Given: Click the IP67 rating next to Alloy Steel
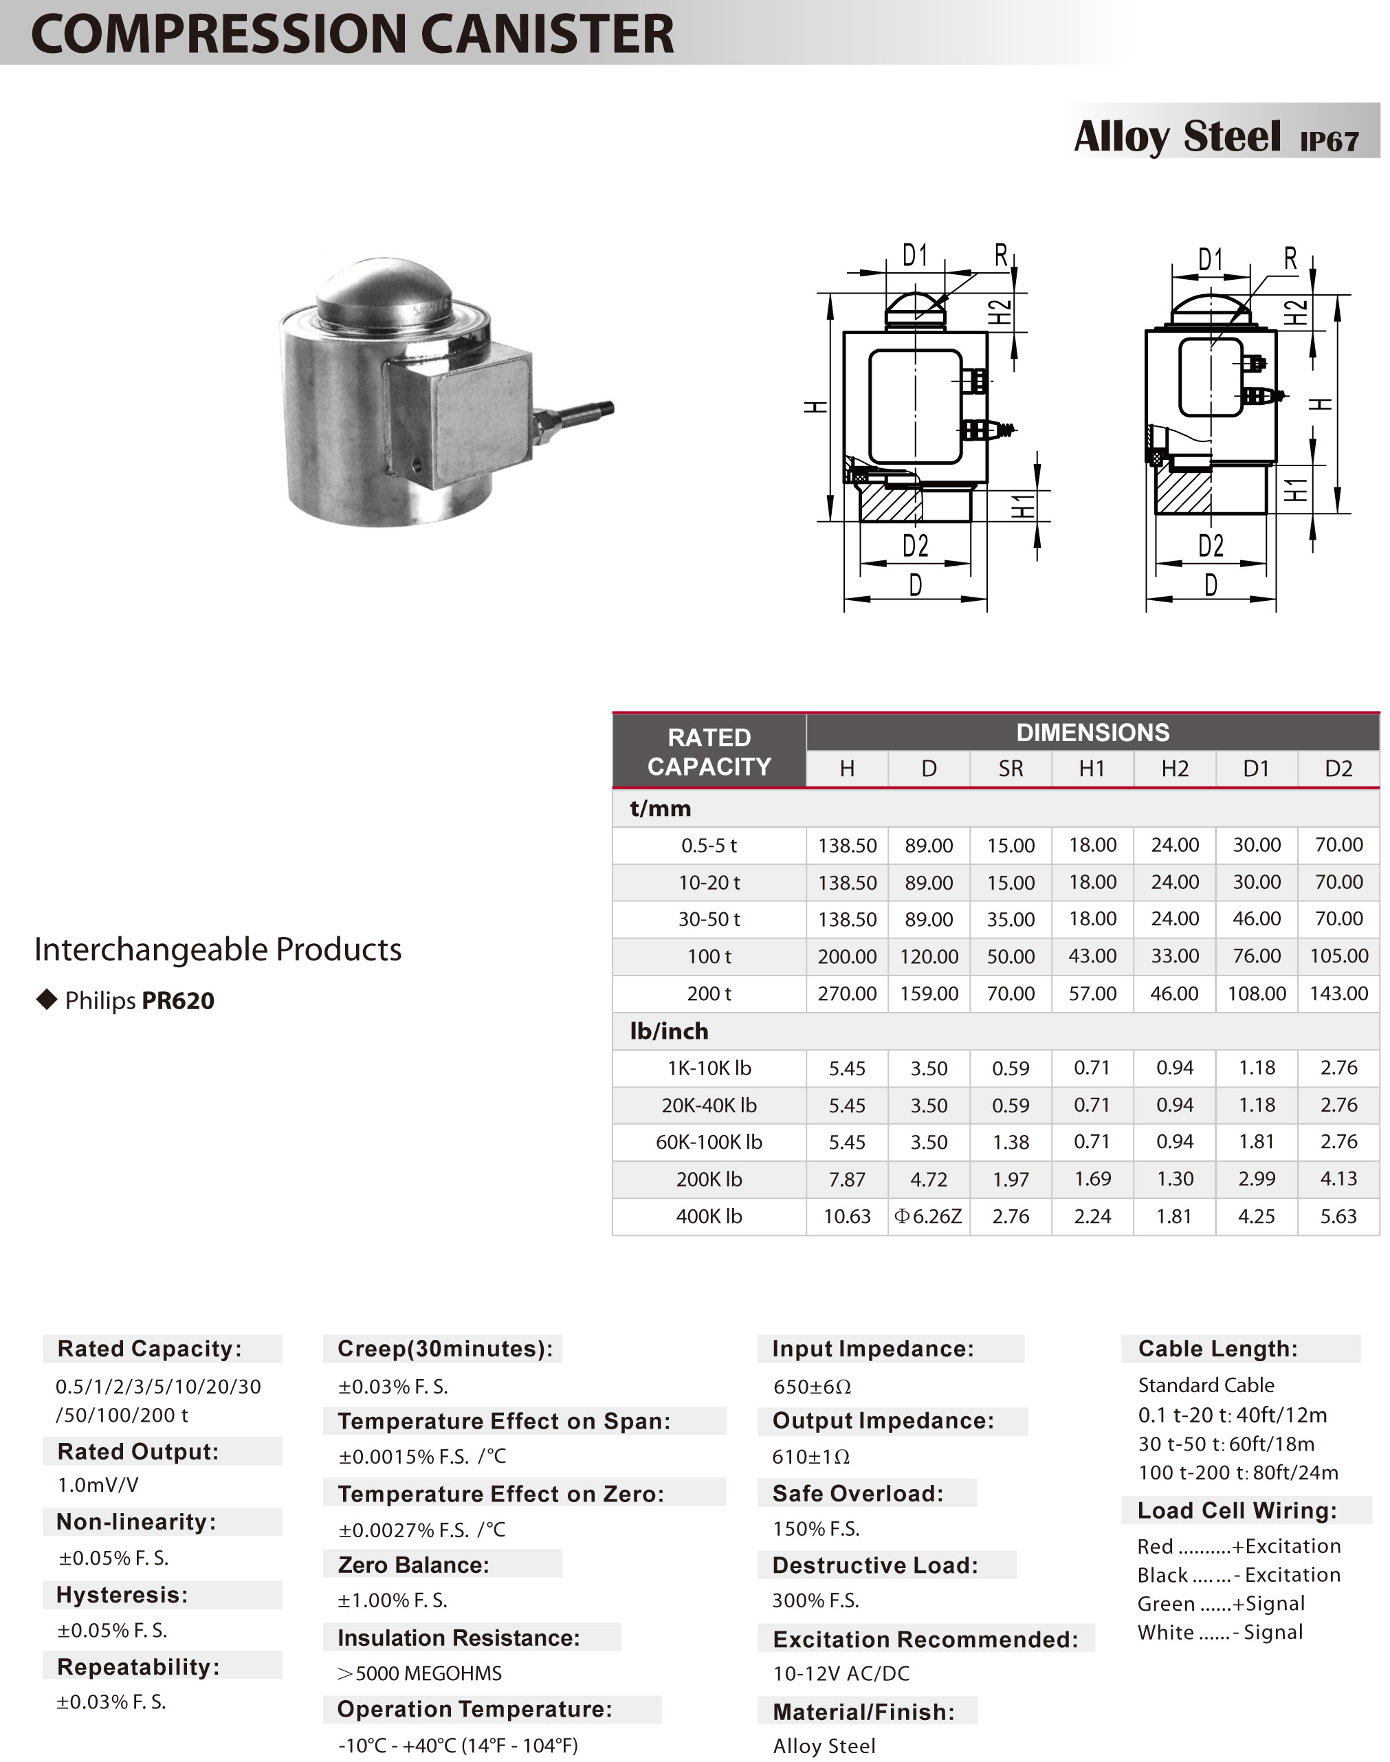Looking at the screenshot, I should click(1329, 142).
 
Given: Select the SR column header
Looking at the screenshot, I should click(1010, 769).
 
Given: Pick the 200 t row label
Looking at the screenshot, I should click(709, 993).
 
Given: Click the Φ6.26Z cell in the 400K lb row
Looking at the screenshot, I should click(929, 1216).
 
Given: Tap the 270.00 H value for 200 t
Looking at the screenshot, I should click(846, 993).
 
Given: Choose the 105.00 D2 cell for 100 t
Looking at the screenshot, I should click(1338, 956).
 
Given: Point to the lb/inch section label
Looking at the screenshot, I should click(669, 1031).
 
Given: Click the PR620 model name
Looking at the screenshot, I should click(178, 1000).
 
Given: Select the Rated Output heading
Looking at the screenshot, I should click(138, 1451).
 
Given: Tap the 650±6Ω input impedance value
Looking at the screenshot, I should click(811, 1386).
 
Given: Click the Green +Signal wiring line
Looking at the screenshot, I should click(1221, 1603).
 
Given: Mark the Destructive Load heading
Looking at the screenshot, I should click(875, 1565).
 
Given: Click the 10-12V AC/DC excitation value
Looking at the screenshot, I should click(841, 1673).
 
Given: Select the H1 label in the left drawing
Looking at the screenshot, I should click(1023, 506).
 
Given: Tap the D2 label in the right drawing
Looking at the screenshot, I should click(1210, 545).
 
